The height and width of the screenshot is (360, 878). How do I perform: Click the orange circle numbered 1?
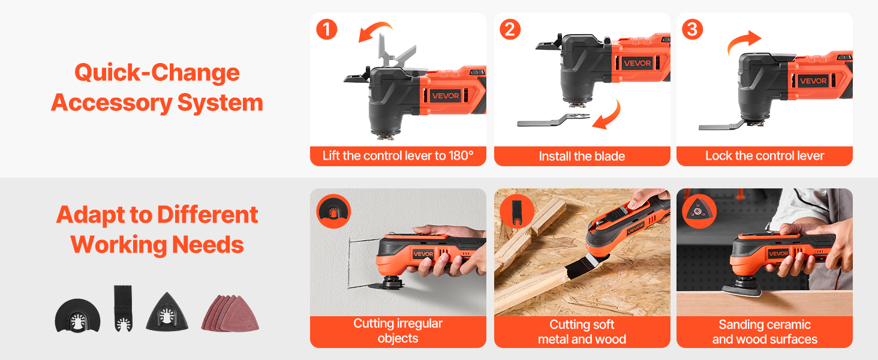click(326, 29)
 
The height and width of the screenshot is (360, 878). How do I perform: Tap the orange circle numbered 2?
click(510, 29)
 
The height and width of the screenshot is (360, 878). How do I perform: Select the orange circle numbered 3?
click(693, 29)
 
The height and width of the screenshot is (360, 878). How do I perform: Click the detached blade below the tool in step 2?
click(553, 120)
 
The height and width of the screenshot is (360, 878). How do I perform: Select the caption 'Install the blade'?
click(582, 157)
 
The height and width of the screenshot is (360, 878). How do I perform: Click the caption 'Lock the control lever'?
click(765, 155)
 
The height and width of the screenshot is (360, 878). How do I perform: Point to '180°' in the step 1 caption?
click(461, 155)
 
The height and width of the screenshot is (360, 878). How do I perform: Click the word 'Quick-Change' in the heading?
click(157, 73)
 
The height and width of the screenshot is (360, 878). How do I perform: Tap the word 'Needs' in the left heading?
click(208, 245)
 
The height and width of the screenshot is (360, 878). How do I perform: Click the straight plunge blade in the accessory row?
click(123, 308)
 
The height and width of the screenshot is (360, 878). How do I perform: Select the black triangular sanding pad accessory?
click(167, 312)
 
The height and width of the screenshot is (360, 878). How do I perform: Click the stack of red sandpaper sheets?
click(230, 313)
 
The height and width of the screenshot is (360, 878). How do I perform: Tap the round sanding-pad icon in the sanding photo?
click(699, 211)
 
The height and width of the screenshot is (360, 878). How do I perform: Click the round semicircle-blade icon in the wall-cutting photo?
click(333, 211)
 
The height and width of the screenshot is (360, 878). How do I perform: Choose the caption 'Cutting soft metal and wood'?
click(582, 332)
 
